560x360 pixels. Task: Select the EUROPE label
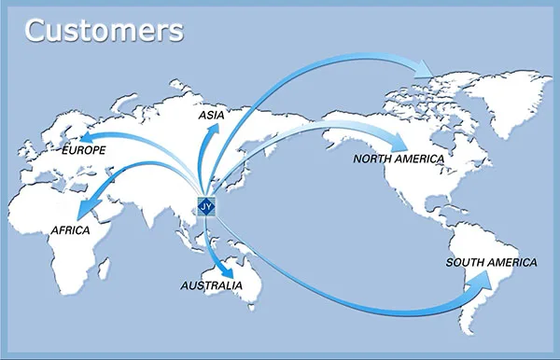(x=83, y=149)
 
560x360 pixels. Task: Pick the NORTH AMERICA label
(x=399, y=159)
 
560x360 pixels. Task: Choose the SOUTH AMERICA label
(x=491, y=262)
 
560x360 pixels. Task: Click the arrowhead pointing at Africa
(x=85, y=208)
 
